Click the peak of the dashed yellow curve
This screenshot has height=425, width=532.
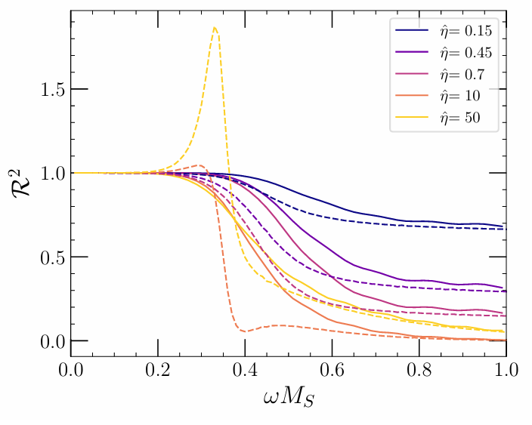215,27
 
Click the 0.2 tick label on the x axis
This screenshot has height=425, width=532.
158,371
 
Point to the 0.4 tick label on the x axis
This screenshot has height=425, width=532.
245,371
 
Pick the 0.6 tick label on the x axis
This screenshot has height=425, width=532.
332,371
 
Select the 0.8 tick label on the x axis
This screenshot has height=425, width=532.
419,371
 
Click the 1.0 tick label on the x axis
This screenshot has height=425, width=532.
506,371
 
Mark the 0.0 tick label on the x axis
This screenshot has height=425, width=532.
71,371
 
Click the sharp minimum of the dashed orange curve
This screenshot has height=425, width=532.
244,331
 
